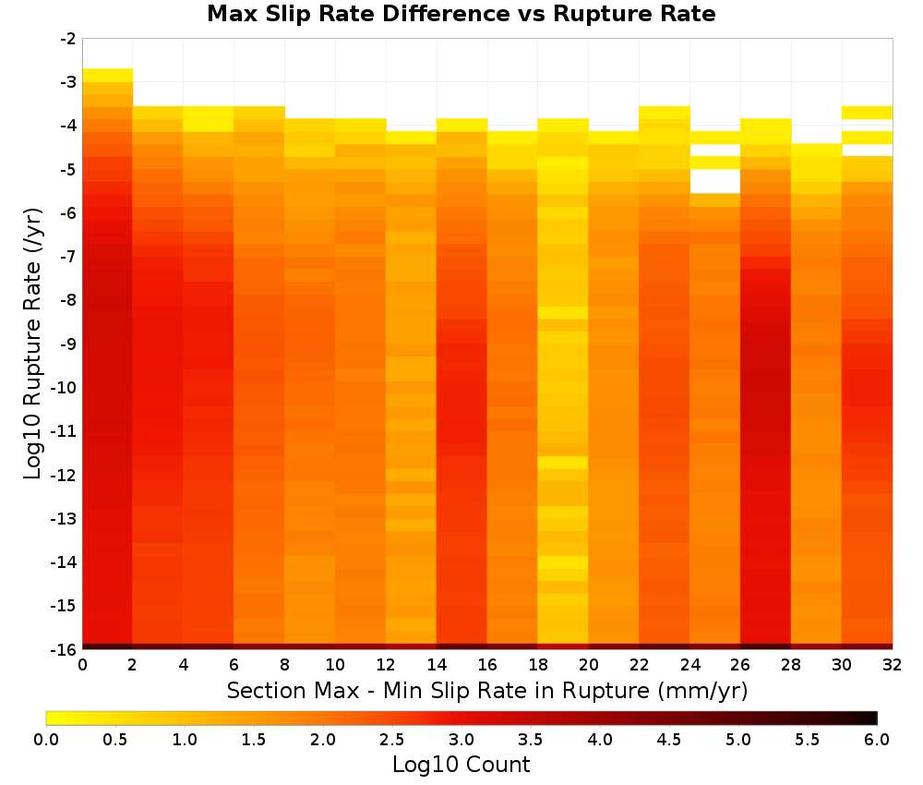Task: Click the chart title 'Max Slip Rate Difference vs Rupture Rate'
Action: [461, 14]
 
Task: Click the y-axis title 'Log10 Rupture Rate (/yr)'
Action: [33, 344]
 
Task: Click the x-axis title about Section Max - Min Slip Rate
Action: [486, 690]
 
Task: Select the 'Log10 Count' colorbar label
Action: [461, 765]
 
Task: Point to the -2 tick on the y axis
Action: [68, 39]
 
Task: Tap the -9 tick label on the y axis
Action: [68, 344]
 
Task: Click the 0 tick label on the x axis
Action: [82, 665]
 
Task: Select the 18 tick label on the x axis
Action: [537, 665]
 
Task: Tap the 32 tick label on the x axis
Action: [893, 665]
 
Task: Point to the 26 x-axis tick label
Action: [740, 665]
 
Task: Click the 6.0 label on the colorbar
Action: [877, 740]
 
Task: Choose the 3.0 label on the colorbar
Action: [461, 740]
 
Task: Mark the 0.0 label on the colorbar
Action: [46, 740]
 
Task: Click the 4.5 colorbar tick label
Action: [668, 740]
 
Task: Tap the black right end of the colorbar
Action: [872, 718]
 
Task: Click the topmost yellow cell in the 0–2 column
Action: [108, 76]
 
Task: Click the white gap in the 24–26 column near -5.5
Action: [714, 181]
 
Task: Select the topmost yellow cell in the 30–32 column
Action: [867, 113]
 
